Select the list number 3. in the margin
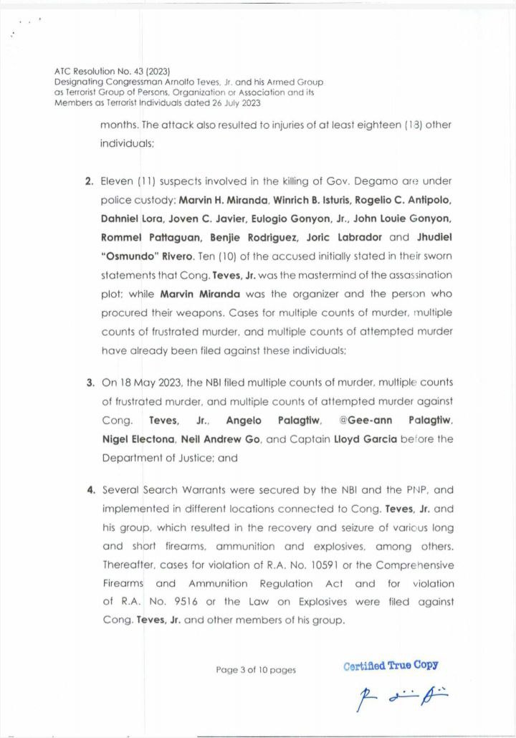point(90,383)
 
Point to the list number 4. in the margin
point(90,491)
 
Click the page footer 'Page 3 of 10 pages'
point(256,670)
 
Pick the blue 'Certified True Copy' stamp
point(391,666)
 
